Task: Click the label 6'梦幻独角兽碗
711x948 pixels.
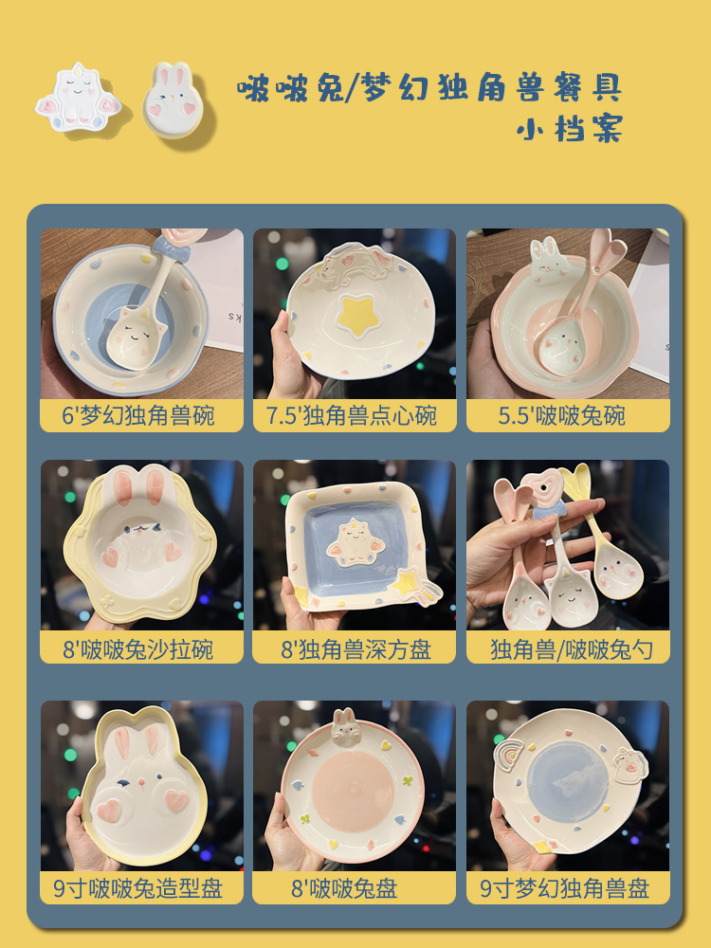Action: click(141, 415)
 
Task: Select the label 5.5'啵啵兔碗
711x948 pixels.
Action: click(567, 415)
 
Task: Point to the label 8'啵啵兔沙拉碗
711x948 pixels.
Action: click(141, 649)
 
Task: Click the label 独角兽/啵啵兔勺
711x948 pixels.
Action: click(567, 649)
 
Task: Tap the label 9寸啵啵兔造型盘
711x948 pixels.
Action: click(141, 888)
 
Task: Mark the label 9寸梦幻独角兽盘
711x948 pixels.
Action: click(567, 888)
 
